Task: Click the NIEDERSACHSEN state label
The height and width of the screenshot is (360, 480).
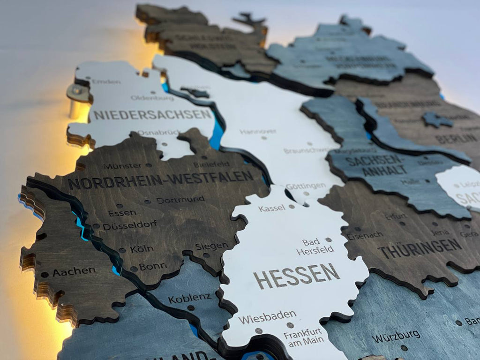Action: coord(152,114)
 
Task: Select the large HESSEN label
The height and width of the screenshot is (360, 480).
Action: coord(297,275)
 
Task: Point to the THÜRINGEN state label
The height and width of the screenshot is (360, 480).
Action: coord(420,248)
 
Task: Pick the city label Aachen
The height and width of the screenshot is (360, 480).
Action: coord(74,272)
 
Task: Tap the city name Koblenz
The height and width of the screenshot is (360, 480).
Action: coord(189,298)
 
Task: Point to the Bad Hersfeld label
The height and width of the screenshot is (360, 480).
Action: coord(315,246)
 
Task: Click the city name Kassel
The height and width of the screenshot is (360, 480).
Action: coord(271,208)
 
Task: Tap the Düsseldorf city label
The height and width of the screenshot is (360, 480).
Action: coord(130,225)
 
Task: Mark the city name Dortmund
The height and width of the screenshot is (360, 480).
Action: coord(180,200)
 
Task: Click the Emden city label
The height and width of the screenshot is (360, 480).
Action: coord(106,82)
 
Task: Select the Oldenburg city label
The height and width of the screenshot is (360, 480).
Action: coord(152,98)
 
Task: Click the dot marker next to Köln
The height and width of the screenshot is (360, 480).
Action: coord(122,250)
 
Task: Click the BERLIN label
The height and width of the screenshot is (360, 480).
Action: coord(456,139)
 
